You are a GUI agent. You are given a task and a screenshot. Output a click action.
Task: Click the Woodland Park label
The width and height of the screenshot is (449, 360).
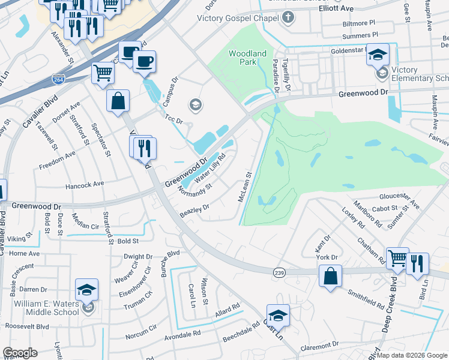click(247, 58)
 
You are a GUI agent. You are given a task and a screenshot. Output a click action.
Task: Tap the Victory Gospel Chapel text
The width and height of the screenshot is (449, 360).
click(238, 17)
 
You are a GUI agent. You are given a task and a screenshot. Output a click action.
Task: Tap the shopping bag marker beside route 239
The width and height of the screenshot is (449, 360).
click(330, 277)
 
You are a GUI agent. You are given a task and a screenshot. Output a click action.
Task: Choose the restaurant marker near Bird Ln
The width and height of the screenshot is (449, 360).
click(417, 263)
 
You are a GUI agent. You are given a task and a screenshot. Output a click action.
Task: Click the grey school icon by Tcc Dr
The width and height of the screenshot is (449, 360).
click(194, 106)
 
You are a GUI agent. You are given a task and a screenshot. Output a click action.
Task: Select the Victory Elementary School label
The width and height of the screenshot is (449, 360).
click(420, 74)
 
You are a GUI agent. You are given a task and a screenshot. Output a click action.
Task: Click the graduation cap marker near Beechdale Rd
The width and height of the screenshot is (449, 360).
click(278, 315)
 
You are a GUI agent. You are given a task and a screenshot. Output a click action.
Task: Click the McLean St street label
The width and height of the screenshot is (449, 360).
click(246, 187)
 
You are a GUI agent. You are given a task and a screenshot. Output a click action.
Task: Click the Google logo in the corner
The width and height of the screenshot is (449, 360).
click(20, 353)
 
